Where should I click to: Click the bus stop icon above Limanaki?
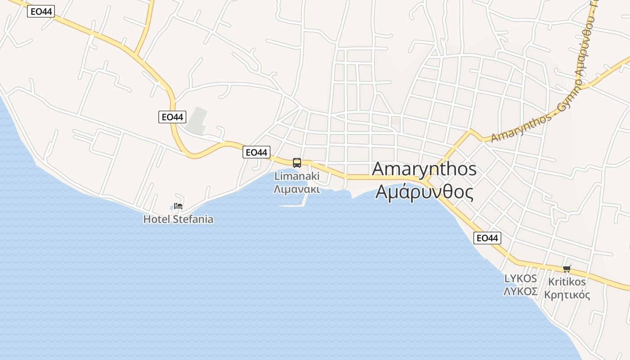pos(297,163)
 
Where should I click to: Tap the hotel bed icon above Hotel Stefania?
pos(179,206)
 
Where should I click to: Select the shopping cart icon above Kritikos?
pos(567,269)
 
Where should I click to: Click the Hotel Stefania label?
pos(178,220)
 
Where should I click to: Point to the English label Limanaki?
pos(297,176)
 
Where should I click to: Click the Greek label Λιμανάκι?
pos(297,189)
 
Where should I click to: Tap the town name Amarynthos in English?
pos(424,169)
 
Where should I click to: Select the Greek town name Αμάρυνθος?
pos(424,192)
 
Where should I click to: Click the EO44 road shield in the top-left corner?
pos(41,12)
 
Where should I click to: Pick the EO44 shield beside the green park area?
pos(172,117)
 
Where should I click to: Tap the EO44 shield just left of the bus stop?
pos(256,152)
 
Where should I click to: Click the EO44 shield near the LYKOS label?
pos(487,238)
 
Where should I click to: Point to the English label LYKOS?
pos(521,279)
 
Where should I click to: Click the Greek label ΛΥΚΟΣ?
pos(521,292)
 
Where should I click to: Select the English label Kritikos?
pos(567,282)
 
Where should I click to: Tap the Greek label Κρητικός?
pos(567,295)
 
